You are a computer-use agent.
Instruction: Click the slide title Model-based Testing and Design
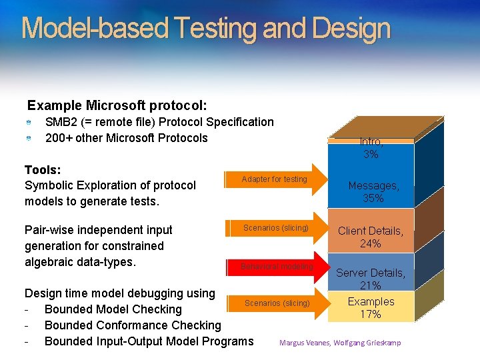pyautogui.click(x=205, y=29)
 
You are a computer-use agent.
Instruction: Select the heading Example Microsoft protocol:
pyautogui.click(x=117, y=105)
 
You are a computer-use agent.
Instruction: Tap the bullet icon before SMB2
pyautogui.click(x=29, y=123)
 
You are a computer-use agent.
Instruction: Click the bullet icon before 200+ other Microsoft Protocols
pyautogui.click(x=29, y=139)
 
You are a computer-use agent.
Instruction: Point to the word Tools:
pyautogui.click(x=43, y=169)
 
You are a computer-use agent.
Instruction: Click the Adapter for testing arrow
pyautogui.click(x=277, y=179)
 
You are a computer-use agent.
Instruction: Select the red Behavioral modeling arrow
pyautogui.click(x=277, y=267)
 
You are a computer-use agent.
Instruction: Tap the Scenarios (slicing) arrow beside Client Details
pyautogui.click(x=277, y=228)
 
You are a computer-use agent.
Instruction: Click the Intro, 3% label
pyautogui.click(x=371, y=148)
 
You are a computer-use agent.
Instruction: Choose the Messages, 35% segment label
pyautogui.click(x=373, y=192)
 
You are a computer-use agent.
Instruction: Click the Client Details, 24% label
pyautogui.click(x=371, y=237)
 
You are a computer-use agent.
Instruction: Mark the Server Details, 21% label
pyautogui.click(x=371, y=279)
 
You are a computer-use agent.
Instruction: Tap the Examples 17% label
pyautogui.click(x=371, y=307)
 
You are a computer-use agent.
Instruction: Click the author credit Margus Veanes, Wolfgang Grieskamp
pyautogui.click(x=340, y=343)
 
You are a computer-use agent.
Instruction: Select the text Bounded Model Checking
pyautogui.click(x=113, y=309)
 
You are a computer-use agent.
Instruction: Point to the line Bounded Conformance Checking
pyautogui.click(x=132, y=325)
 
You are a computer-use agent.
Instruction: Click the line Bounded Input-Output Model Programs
pyautogui.click(x=149, y=341)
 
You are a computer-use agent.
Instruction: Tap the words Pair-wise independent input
pyautogui.click(x=98, y=230)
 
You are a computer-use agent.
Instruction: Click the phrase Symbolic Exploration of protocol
pyautogui.click(x=110, y=185)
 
